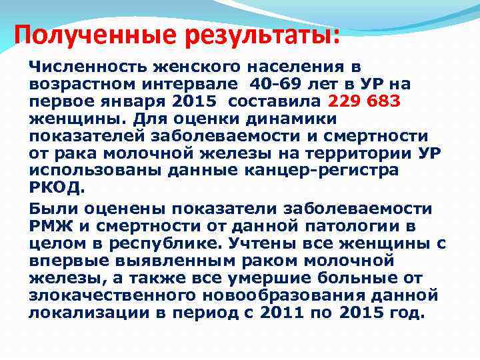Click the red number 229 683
tap(364, 101)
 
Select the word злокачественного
tap(107, 295)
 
